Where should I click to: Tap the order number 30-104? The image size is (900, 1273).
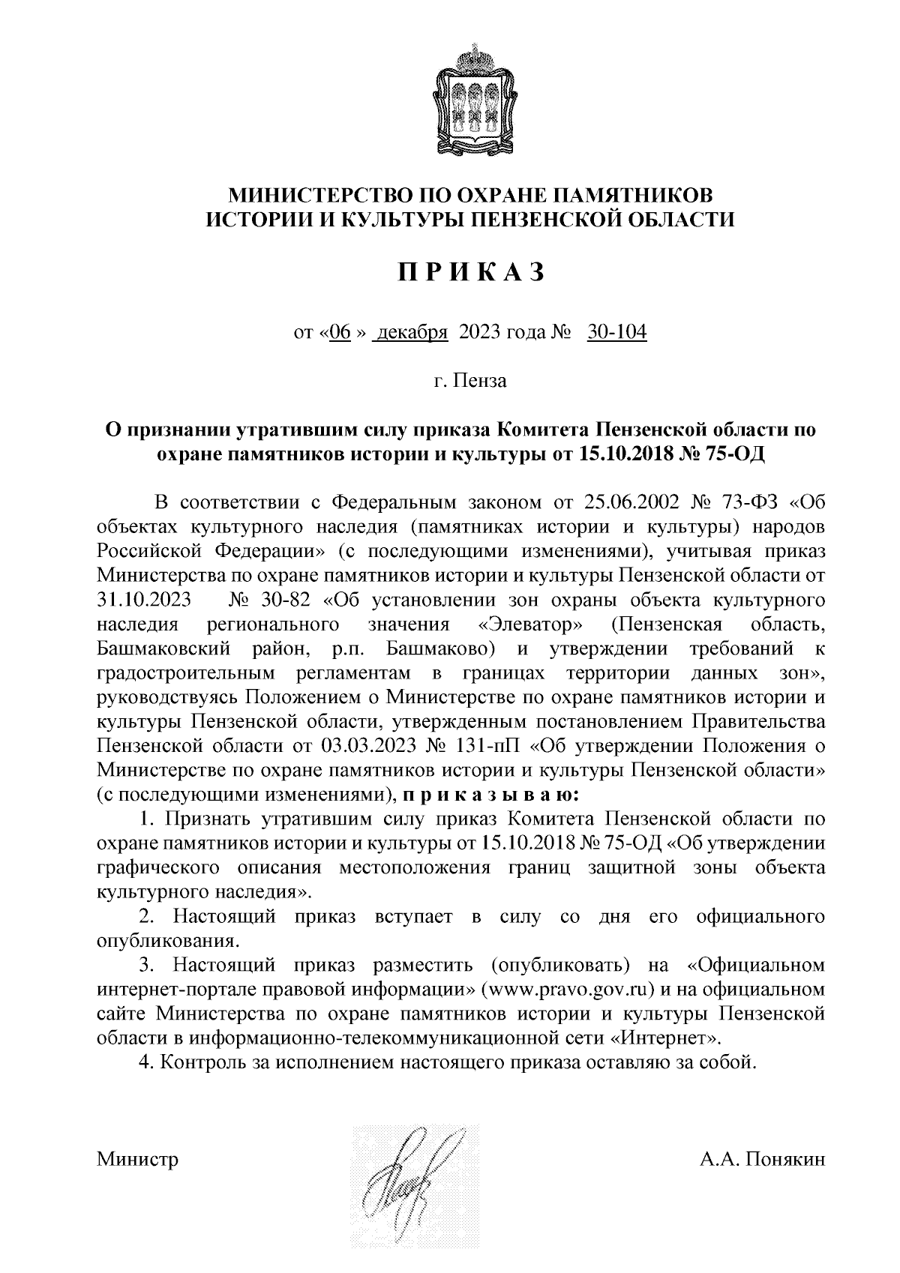point(616,333)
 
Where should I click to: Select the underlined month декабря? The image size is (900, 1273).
point(412,333)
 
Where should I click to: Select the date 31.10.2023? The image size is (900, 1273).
point(144,600)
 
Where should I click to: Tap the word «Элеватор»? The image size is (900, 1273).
point(534,624)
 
